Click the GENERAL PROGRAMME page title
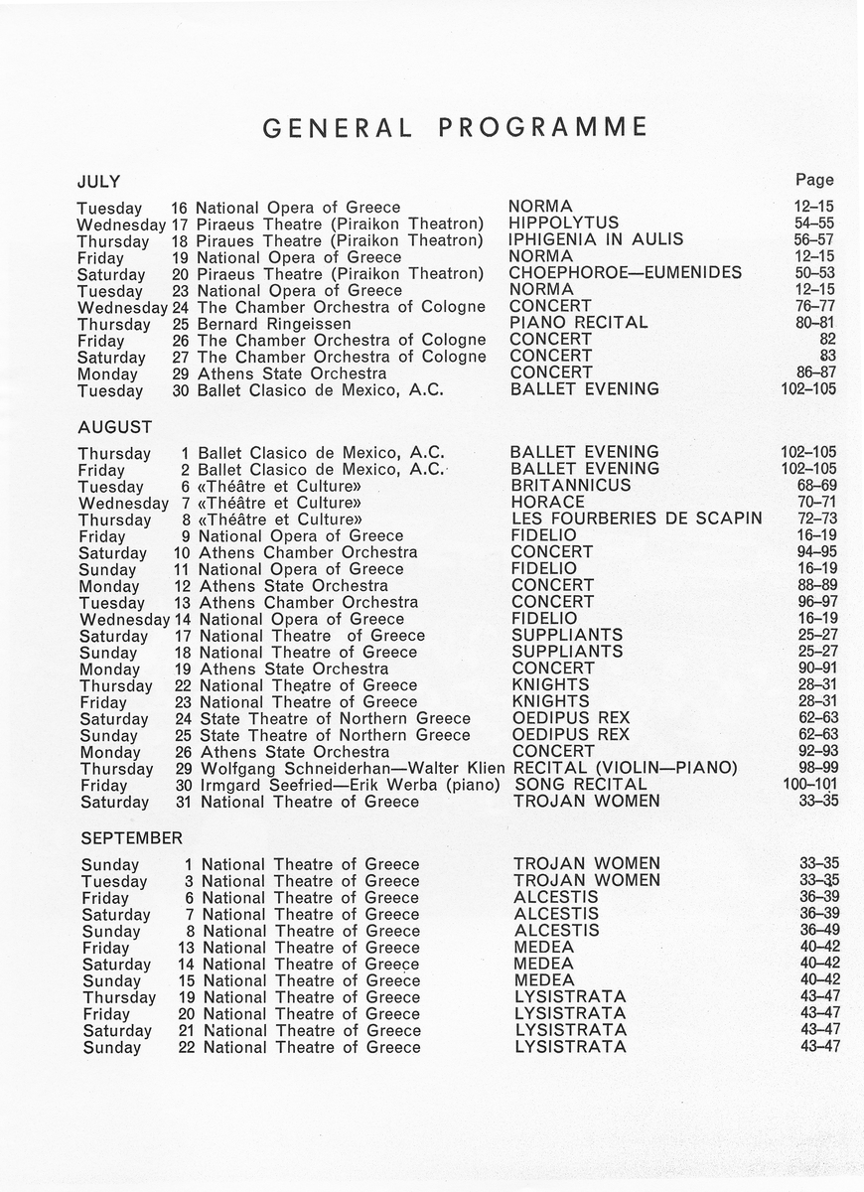click(x=455, y=127)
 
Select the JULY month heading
click(x=98, y=182)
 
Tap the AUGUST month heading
click(x=114, y=427)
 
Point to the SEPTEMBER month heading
click(x=132, y=837)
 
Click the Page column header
click(x=814, y=180)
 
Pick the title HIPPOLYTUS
click(x=563, y=223)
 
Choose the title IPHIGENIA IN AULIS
click(x=596, y=239)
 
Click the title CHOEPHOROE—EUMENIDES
click(x=625, y=273)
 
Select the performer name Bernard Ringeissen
click(x=274, y=324)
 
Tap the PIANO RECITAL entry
click(x=578, y=323)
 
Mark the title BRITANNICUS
click(x=571, y=486)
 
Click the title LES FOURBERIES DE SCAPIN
click(x=637, y=519)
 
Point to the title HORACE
click(x=550, y=503)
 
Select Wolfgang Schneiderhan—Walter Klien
click(x=353, y=768)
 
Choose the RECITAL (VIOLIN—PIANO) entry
click(x=625, y=768)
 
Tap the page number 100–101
click(x=810, y=785)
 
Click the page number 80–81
click(x=816, y=323)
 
